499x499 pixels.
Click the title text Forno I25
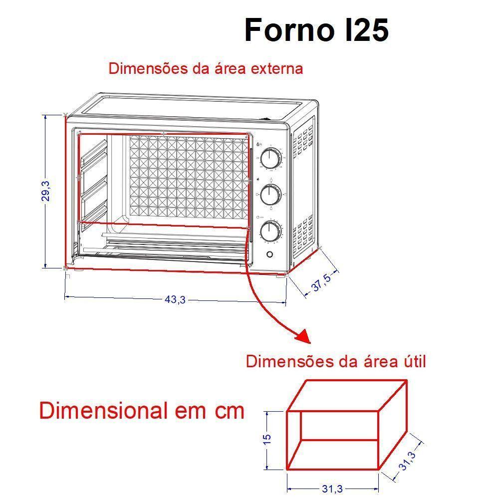[x=316, y=31]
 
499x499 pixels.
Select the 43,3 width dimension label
[x=175, y=299]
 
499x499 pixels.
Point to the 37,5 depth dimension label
[x=321, y=282]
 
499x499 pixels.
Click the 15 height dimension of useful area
[x=267, y=439]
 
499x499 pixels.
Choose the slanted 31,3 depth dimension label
[x=408, y=460]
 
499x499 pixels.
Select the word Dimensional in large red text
[x=103, y=411]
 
